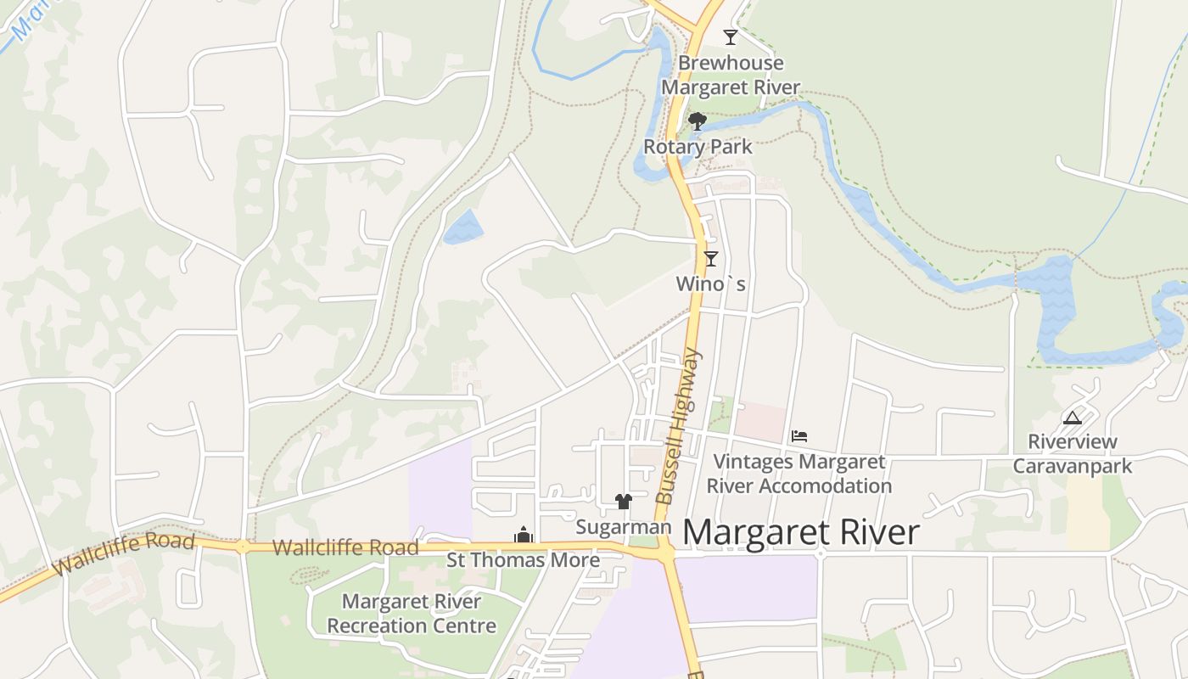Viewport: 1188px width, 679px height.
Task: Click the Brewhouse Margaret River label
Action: tap(731, 75)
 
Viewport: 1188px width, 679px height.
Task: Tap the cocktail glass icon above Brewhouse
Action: tap(730, 36)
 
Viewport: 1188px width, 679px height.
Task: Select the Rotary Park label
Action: tap(698, 146)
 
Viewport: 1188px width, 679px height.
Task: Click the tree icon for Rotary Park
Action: tap(698, 121)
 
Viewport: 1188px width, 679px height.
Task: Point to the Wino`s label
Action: tap(711, 283)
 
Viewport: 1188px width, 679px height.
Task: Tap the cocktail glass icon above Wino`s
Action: tap(711, 259)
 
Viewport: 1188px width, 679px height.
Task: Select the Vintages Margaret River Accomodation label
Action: tap(799, 474)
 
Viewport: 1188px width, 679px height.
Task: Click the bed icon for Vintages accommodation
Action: tap(799, 436)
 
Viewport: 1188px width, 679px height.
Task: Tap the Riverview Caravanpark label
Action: tap(1073, 453)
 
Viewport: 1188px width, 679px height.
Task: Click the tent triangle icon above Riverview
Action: tap(1073, 418)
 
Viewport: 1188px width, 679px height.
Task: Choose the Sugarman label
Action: tap(623, 527)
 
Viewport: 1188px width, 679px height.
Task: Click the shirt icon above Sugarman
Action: tap(624, 502)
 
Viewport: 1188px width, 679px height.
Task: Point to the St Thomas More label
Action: tap(523, 560)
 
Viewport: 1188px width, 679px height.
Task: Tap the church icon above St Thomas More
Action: tap(523, 535)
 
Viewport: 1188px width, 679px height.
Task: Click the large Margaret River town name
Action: tap(800, 532)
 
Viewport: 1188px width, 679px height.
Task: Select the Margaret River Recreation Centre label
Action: tap(412, 614)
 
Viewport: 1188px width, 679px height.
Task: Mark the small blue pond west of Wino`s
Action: tap(463, 227)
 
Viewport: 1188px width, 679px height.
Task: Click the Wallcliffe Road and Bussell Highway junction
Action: tap(665, 552)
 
